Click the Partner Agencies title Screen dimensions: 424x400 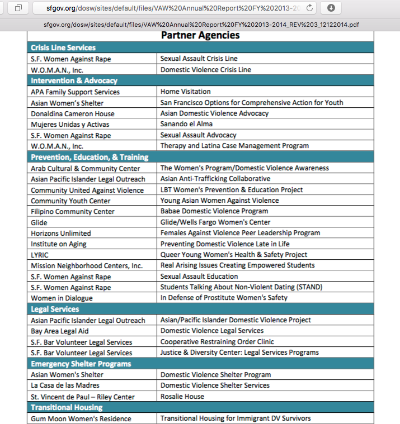coord(200,35)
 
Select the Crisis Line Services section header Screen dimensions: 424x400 coord(63,47)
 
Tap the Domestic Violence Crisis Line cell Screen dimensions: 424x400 coord(205,70)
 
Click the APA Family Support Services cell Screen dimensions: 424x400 coord(75,92)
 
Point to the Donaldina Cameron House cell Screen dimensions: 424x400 coord(73,113)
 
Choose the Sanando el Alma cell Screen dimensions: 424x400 coord(186,124)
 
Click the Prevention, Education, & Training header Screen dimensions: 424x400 coord(90,157)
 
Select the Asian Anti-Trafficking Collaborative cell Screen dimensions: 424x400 coord(215,179)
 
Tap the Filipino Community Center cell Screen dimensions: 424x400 coord(73,211)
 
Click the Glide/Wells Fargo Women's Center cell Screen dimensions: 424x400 coord(215,222)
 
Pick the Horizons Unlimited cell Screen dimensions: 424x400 coord(60,233)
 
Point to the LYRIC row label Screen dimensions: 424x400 coord(40,255)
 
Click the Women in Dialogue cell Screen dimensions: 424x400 coord(62,298)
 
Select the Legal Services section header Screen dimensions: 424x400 coord(55,309)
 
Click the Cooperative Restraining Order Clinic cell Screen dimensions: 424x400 coord(217,342)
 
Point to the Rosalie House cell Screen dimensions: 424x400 coord(182,397)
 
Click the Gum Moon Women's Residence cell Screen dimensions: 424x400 coord(81,418)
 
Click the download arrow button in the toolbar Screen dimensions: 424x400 coord(331,8)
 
